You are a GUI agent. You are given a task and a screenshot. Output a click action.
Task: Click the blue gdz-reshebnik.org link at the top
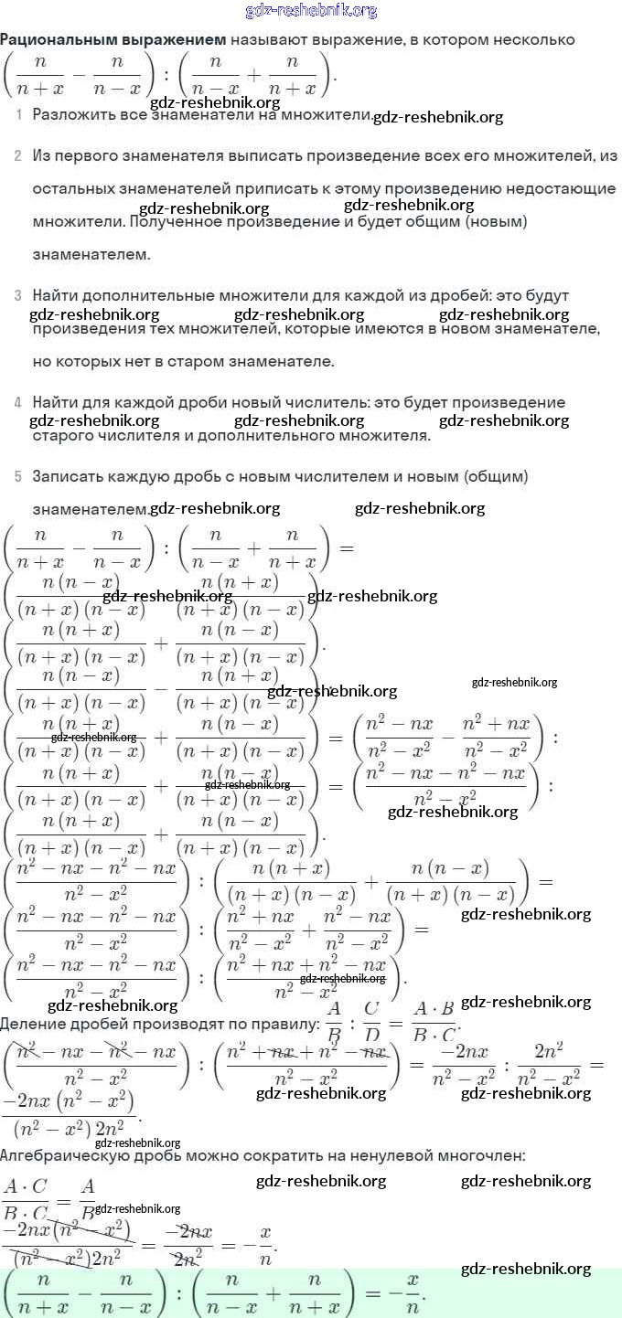click(311, 11)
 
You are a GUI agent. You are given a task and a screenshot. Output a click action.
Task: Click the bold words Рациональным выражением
click(113, 40)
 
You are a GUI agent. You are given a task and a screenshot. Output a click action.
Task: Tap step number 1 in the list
click(19, 115)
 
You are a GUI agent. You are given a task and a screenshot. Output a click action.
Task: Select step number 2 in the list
click(18, 156)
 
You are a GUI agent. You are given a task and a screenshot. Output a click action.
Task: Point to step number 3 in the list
click(18, 296)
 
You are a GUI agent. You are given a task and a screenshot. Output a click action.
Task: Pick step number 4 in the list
click(18, 403)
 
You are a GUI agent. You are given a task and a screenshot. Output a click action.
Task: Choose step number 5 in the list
click(18, 477)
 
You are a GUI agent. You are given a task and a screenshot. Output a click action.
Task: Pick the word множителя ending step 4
click(384, 436)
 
